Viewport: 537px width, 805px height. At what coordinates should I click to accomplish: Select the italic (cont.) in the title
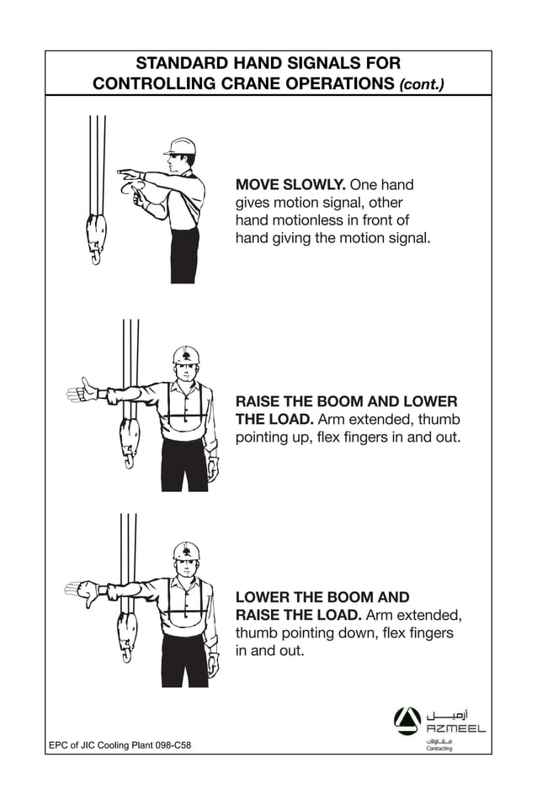422,84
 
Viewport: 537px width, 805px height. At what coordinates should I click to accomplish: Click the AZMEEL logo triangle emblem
407,720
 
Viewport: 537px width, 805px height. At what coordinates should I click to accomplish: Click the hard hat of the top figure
180,146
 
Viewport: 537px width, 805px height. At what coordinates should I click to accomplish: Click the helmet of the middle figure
186,354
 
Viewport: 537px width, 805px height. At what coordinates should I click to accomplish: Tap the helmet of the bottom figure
186,551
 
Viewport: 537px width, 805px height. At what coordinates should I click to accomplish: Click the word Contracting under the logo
439,748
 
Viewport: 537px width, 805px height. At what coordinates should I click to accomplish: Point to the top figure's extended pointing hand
129,174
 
